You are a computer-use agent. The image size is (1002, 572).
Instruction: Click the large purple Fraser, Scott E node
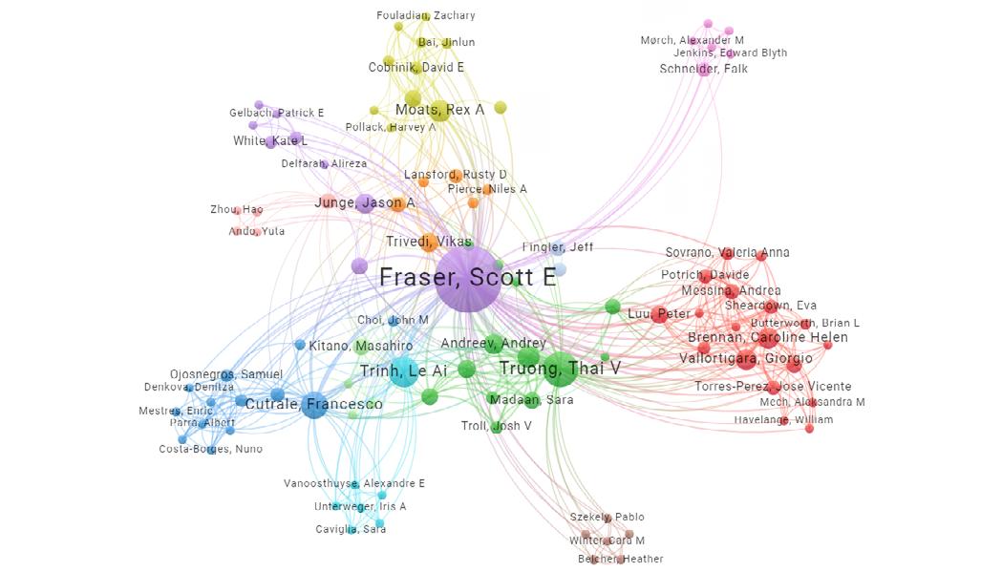point(468,279)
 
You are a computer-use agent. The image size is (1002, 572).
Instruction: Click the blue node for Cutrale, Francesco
point(313,406)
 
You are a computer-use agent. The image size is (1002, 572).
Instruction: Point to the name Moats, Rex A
point(439,110)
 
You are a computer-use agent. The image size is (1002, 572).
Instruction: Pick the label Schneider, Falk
point(703,69)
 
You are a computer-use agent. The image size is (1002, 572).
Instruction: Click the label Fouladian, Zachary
point(426,15)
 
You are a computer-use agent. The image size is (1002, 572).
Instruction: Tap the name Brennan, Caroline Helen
point(768,338)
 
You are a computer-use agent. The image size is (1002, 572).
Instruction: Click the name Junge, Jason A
point(365,202)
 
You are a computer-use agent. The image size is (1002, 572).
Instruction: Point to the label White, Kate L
point(270,141)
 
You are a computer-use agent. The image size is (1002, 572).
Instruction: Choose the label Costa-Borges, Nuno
point(210,449)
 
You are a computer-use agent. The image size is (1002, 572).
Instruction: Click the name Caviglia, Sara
point(351,529)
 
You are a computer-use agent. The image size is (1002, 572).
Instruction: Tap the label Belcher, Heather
point(620,559)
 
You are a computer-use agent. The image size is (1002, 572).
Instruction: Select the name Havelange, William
point(783,419)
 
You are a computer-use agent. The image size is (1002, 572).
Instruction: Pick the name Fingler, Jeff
point(558,247)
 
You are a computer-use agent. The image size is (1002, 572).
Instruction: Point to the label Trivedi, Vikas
point(428,242)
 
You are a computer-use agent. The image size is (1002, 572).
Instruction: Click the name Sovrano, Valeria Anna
point(727,252)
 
